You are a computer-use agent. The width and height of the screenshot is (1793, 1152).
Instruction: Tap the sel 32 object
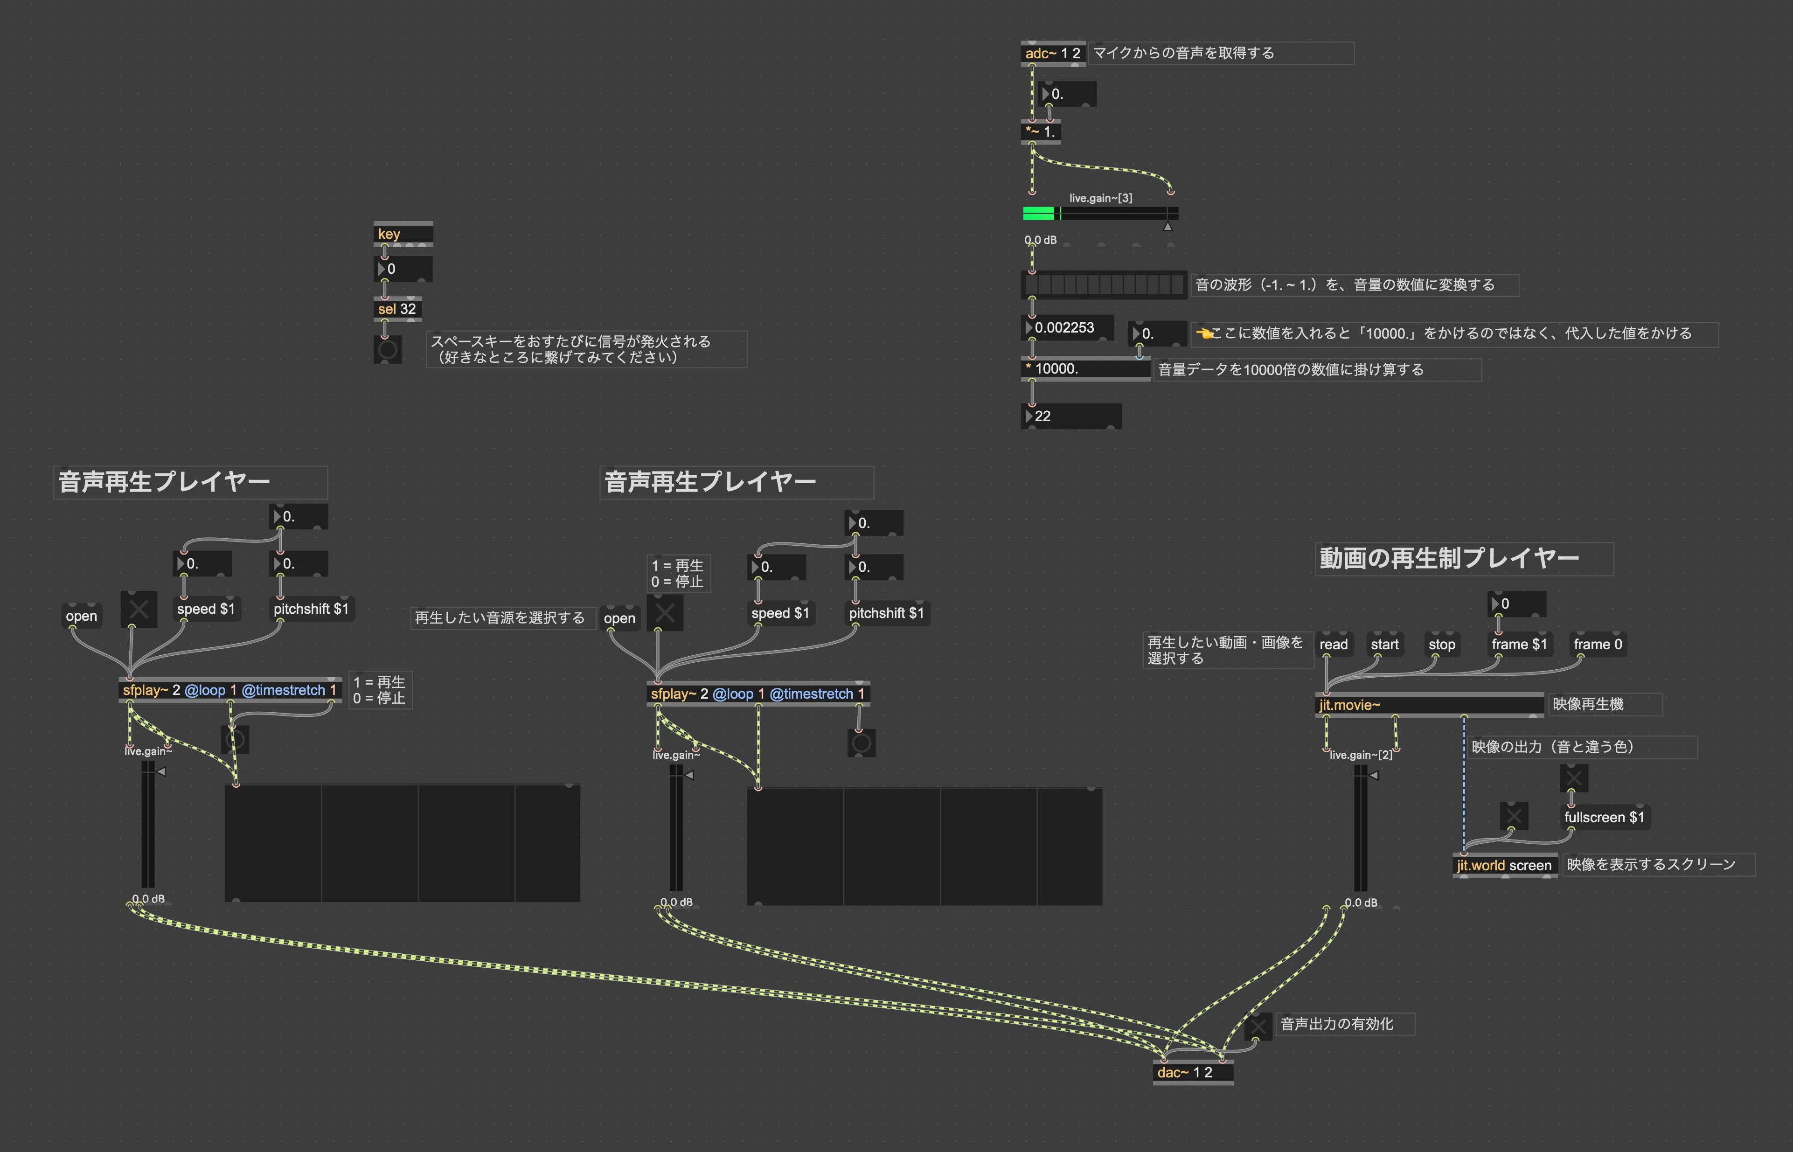[x=397, y=309]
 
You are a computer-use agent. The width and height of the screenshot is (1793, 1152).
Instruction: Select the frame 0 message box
[x=1598, y=644]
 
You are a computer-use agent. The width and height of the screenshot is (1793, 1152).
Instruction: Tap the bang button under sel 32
[x=388, y=349]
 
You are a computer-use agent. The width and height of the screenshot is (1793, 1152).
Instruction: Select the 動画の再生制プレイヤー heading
[x=1449, y=558]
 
